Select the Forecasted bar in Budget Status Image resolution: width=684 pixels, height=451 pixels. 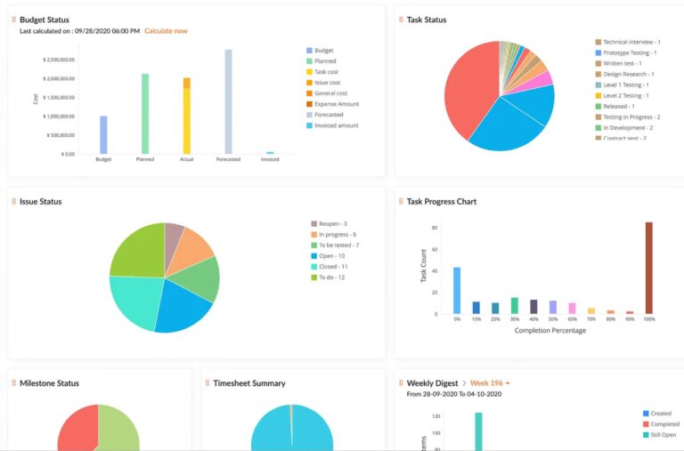228,101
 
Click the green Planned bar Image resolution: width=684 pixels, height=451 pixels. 145,114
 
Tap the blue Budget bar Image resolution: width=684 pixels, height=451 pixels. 103,134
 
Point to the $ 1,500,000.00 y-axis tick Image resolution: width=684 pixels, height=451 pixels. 59,97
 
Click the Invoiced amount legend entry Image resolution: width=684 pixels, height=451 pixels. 334,125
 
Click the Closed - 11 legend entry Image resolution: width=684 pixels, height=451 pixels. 334,266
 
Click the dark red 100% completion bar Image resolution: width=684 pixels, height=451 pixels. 648,267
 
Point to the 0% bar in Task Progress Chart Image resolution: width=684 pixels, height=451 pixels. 457,290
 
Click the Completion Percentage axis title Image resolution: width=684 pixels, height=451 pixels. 550,331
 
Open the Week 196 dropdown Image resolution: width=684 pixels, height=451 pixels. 488,383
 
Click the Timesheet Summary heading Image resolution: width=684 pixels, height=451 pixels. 248,383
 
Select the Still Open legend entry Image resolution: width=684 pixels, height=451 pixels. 662,435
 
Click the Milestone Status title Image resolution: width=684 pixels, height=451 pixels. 49,383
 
